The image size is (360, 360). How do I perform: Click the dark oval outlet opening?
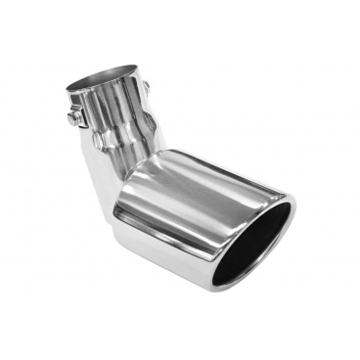(256, 244)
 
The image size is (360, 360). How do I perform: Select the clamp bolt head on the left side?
(75, 117)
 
